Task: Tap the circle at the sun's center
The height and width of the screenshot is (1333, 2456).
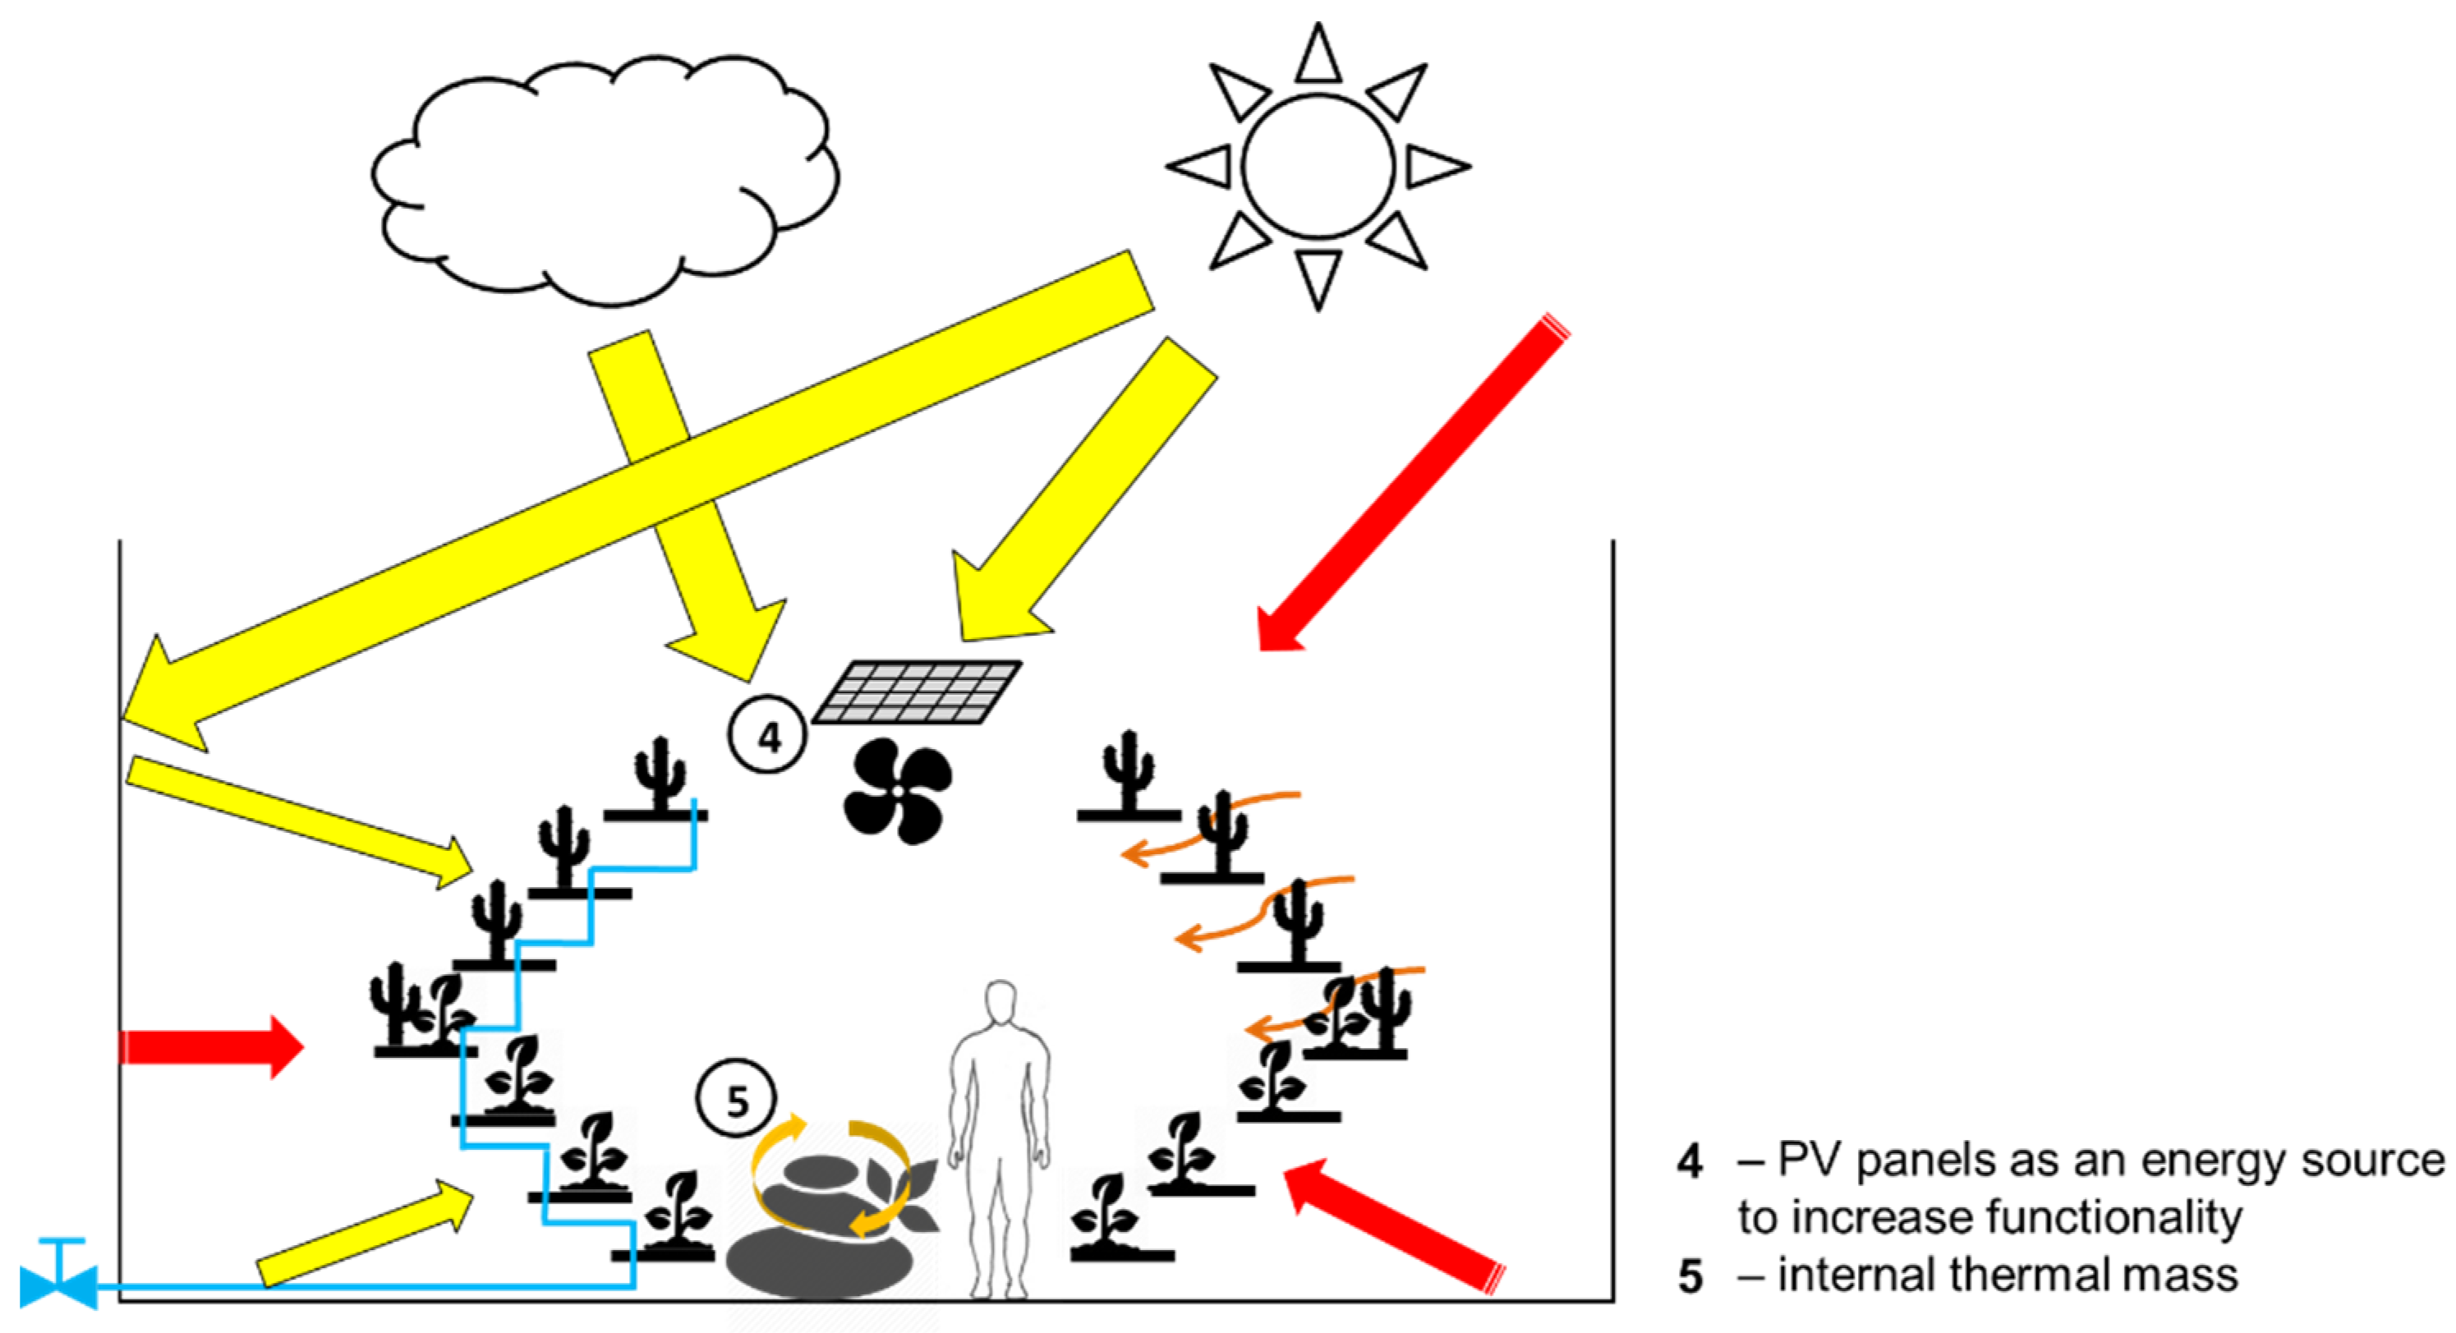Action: tap(1318, 166)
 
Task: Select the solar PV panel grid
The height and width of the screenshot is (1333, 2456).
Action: tap(918, 692)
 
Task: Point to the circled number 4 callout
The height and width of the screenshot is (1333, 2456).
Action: tap(767, 735)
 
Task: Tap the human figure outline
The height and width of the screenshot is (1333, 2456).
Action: tap(999, 1135)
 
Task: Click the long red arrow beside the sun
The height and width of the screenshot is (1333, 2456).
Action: tap(1411, 486)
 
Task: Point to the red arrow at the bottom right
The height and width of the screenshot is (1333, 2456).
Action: tap(1392, 1225)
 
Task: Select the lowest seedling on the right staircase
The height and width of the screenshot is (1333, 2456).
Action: tap(1106, 1216)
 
